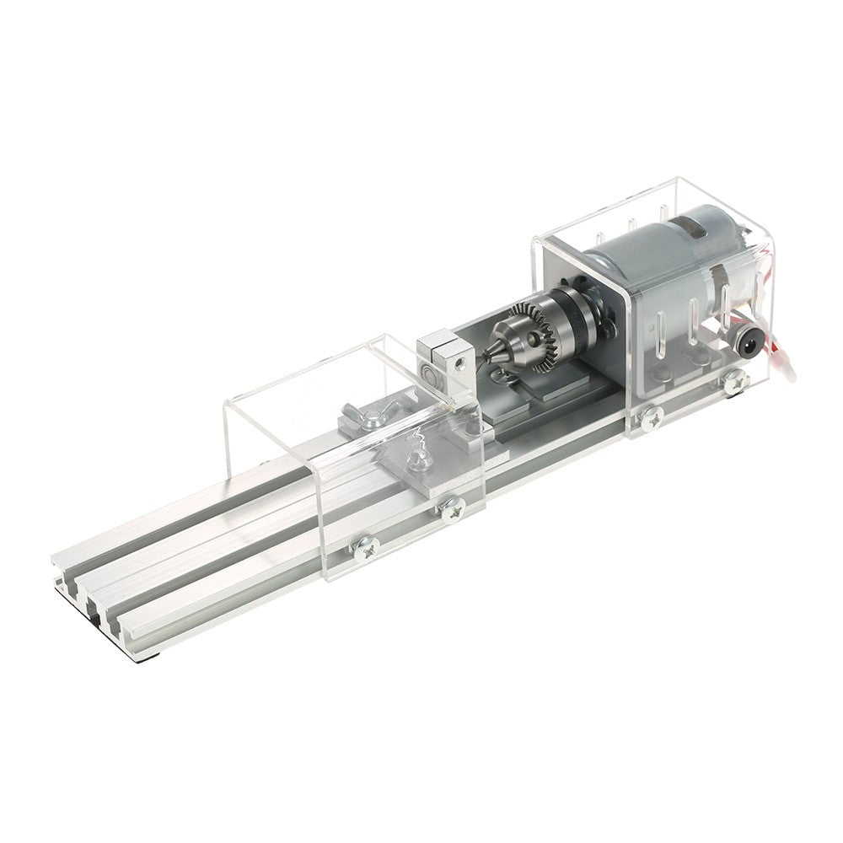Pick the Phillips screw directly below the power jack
(x=736, y=381)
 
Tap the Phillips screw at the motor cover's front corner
(x=651, y=416)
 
